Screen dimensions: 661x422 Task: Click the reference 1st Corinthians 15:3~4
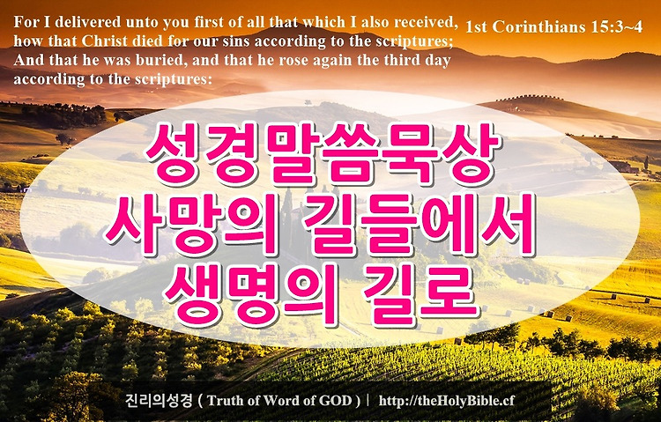point(554,26)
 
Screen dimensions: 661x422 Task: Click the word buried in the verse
point(160,60)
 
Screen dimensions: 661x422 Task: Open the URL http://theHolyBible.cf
point(447,401)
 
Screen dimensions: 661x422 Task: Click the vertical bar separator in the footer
point(368,400)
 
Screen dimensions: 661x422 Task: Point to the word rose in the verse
point(291,61)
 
